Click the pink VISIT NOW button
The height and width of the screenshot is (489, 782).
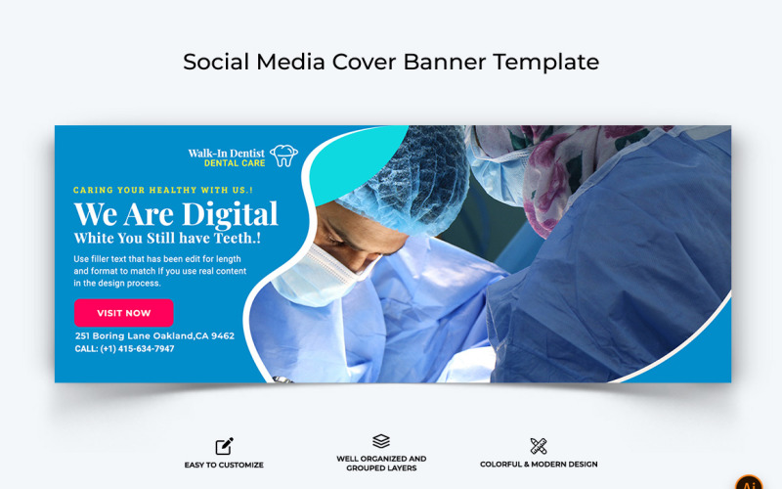pos(123,313)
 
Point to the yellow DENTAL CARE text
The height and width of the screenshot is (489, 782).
pos(235,163)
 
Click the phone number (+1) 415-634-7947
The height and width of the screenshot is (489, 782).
pos(124,349)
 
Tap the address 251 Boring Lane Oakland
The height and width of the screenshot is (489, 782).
pos(154,335)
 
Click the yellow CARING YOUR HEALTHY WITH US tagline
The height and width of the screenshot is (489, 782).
pos(163,190)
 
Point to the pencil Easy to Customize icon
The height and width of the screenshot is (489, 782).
pos(224,446)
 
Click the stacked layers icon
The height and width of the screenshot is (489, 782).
pos(381,441)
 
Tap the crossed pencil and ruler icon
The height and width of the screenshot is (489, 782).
pos(539,446)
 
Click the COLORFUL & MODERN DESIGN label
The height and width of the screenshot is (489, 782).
pos(539,465)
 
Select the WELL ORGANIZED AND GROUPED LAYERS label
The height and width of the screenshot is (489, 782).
pos(381,463)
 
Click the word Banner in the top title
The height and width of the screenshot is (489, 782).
pos(440,62)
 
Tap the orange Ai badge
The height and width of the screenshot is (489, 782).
pos(749,484)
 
